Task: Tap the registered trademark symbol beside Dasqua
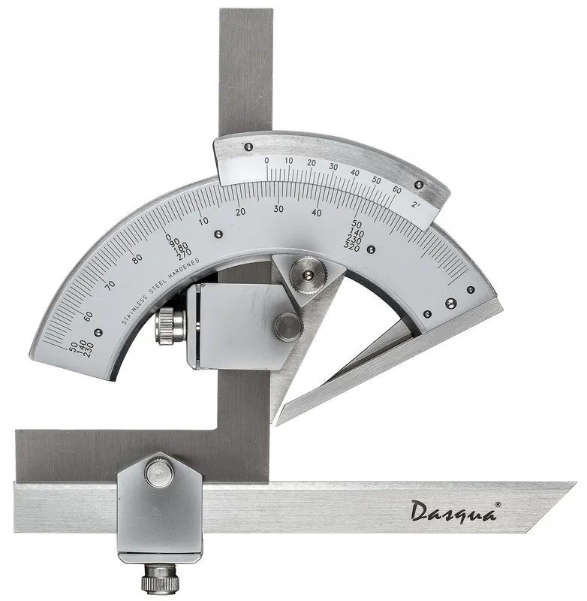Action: pos(498,504)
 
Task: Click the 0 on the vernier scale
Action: pos(266,161)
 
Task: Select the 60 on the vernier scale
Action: pos(396,190)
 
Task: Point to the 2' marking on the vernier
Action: pos(416,205)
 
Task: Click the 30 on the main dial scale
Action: pos(278,209)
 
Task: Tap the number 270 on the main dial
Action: pos(185,252)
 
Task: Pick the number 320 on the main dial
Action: pos(351,249)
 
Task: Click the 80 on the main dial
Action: pos(137,259)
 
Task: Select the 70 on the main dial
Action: pos(110,285)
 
